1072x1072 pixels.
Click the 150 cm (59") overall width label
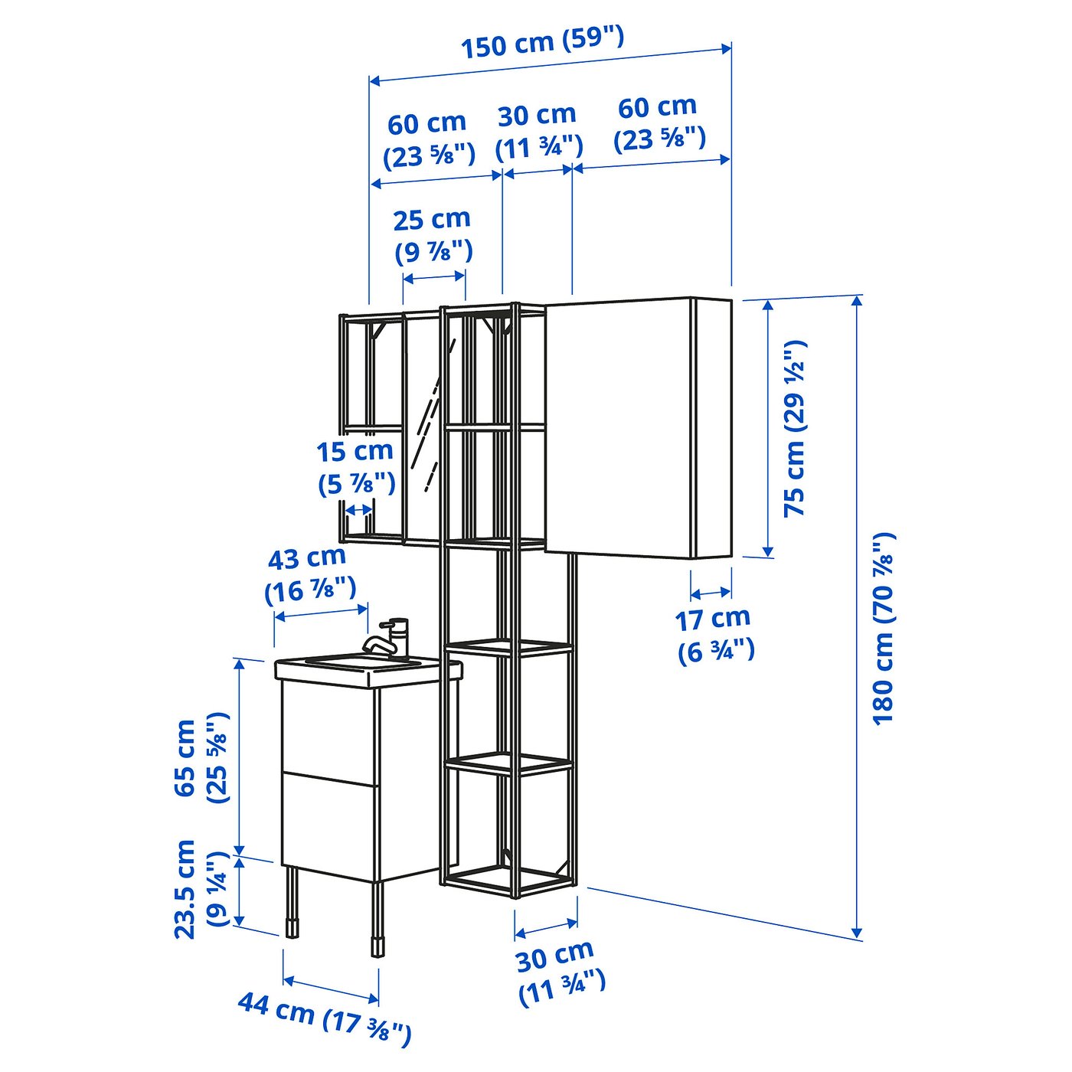[543, 41]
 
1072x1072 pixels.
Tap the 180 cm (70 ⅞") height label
[883, 629]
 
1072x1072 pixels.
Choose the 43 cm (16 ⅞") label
[310, 574]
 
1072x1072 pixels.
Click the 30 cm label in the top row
[538, 131]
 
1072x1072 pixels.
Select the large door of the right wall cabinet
[618, 427]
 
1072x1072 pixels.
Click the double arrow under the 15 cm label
[359, 509]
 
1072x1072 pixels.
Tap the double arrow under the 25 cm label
[434, 276]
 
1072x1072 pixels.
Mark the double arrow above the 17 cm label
[711, 592]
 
